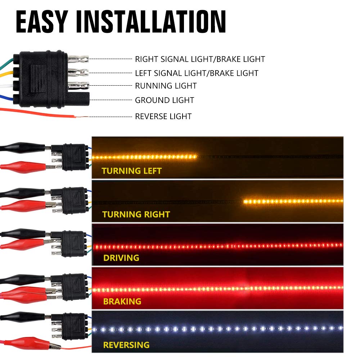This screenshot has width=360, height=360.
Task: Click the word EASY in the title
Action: click(42, 22)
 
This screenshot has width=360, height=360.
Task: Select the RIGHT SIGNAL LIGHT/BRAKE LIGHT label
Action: click(200, 59)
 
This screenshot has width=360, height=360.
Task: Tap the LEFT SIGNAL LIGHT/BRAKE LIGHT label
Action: click(197, 73)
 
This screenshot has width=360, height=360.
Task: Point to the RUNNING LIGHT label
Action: click(166, 86)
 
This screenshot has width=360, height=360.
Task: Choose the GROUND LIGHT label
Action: click(165, 100)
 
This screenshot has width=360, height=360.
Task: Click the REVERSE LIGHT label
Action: click(163, 116)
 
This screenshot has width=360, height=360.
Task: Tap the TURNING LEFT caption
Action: click(131, 171)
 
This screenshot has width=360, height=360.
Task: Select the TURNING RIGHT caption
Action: click(136, 214)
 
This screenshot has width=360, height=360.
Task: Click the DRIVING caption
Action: click(121, 258)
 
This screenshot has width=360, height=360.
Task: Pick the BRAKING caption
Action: click(122, 301)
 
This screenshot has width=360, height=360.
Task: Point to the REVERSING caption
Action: click(126, 345)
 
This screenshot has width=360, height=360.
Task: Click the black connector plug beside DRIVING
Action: click(74, 244)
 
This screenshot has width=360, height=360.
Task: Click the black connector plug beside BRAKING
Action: click(74, 287)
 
